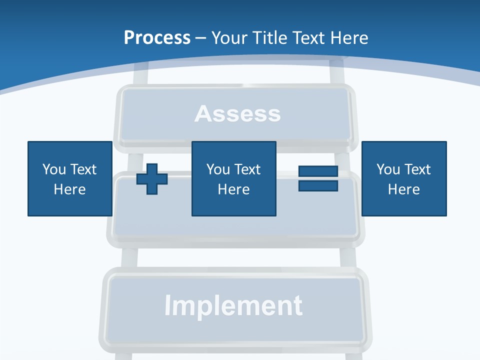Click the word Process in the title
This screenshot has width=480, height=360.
point(157,38)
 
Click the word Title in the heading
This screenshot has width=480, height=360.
point(270,38)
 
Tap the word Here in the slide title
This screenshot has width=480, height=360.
point(348,38)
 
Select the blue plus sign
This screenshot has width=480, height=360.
point(152,178)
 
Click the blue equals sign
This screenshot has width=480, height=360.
point(318,178)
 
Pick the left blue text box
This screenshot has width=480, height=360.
point(69,178)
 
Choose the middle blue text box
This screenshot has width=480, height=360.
point(233,178)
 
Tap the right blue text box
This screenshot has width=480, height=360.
point(403,178)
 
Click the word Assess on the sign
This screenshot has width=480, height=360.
point(237,114)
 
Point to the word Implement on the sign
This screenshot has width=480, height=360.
point(233,305)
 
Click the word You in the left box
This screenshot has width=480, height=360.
point(54,169)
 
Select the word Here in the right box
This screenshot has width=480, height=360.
point(403,189)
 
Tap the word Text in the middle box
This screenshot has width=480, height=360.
point(247,169)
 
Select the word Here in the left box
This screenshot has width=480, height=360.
point(69,189)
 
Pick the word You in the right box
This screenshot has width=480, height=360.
point(388,169)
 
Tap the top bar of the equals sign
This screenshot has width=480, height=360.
point(318,171)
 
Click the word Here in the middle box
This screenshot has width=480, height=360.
point(233,189)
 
